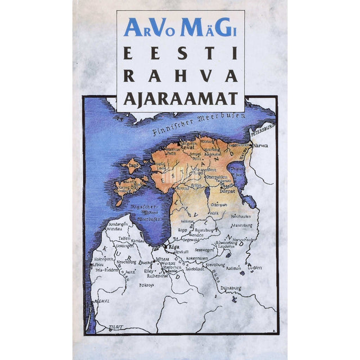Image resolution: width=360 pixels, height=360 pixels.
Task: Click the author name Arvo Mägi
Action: tap(180, 29)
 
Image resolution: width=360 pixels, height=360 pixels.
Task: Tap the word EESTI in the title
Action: tap(180, 55)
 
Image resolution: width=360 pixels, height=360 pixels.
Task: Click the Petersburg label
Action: tap(263, 128)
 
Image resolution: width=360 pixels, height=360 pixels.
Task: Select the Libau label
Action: tap(97, 264)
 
